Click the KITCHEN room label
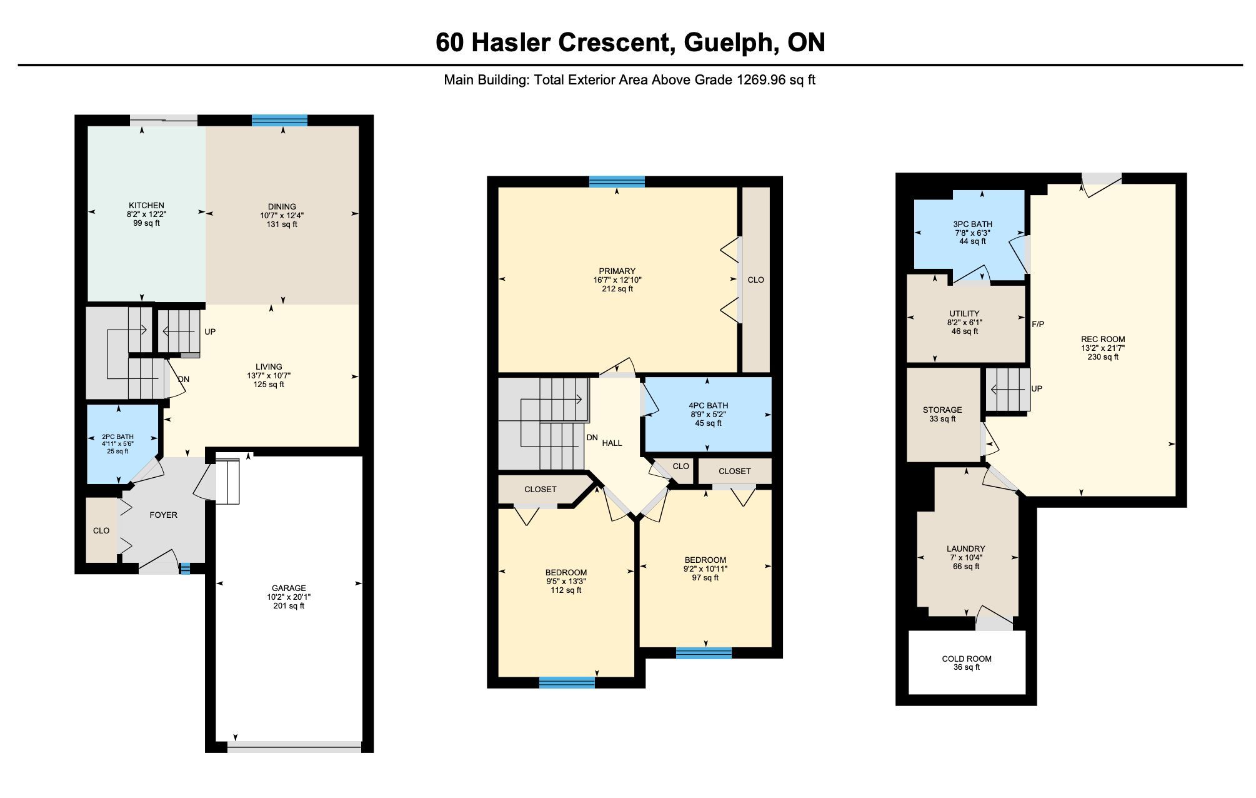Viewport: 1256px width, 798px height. coord(146,205)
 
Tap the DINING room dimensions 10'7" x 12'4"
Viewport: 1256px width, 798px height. coord(282,215)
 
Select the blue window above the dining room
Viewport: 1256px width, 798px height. coord(279,121)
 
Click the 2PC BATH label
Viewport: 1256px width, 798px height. coord(117,437)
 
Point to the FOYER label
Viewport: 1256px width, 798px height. coord(164,515)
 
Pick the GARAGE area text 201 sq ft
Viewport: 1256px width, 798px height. coord(289,605)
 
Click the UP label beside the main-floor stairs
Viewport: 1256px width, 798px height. coord(210,331)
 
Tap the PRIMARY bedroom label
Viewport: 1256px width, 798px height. coord(617,271)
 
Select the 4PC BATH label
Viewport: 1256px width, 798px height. coord(709,405)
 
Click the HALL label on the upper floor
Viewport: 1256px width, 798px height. coord(612,443)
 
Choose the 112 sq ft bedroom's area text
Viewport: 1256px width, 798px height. coord(566,590)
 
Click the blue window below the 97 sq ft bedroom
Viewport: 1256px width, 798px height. coord(704,653)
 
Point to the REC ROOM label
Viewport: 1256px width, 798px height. coord(1103,339)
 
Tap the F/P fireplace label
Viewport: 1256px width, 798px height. coord(1038,324)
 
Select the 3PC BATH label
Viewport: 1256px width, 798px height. coord(972,224)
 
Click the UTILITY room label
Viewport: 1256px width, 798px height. coord(964,313)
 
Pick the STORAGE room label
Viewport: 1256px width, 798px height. coord(942,410)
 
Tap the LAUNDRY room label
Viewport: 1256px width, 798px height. coord(966,548)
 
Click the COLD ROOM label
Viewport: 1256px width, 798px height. coord(967,659)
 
